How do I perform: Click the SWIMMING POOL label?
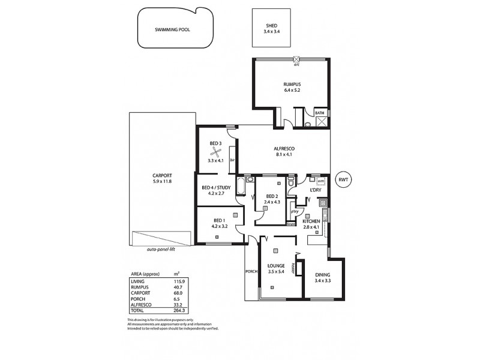[x=172, y=29]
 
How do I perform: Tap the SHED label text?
[x=272, y=25]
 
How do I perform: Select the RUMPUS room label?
[x=292, y=84]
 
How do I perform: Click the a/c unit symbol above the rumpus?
[x=296, y=59]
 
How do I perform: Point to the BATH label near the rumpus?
[x=320, y=112]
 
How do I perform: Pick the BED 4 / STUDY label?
[x=216, y=187]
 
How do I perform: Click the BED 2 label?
[x=272, y=196]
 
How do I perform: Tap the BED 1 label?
[x=219, y=220]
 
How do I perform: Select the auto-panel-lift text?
[x=164, y=248]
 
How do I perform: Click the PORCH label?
[x=251, y=271]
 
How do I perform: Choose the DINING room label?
[x=322, y=274]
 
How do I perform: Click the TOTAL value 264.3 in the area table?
[x=178, y=310]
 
